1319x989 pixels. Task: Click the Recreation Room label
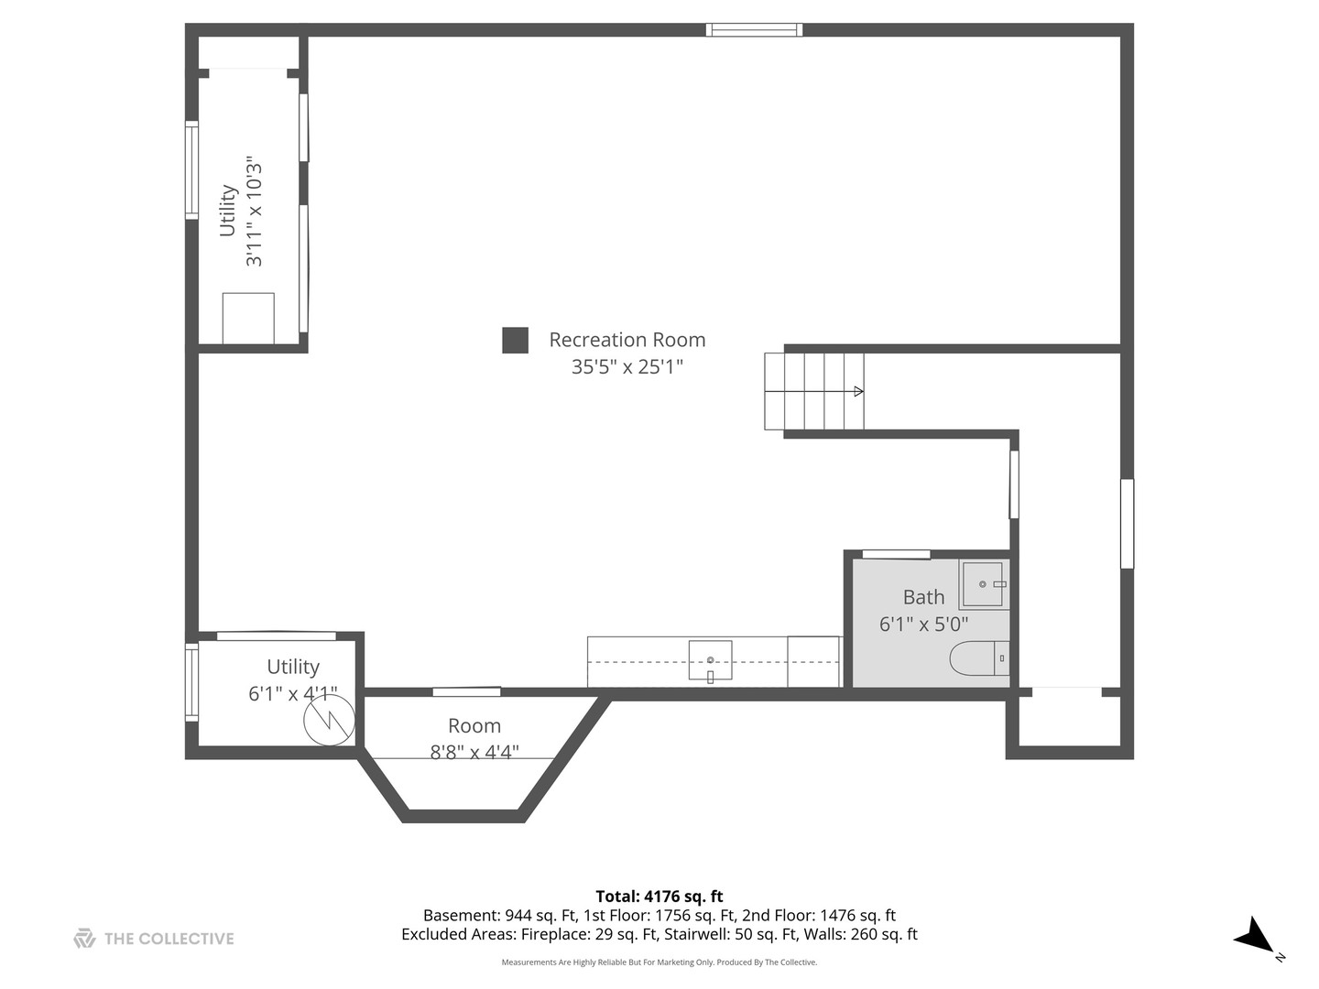627,340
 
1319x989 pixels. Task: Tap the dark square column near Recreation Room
515,340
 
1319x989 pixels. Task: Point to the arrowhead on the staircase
858,392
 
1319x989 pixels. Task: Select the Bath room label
923,597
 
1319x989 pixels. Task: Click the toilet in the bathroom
979,658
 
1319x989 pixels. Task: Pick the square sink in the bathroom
984,584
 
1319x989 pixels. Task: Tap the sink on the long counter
710,660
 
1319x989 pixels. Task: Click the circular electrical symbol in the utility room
330,720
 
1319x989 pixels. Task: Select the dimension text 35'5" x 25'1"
627,366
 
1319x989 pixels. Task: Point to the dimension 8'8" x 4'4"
474,752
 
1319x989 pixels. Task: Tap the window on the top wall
754,29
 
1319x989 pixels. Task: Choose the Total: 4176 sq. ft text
659,897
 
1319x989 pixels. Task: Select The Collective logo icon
84,939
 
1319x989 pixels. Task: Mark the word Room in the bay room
474,726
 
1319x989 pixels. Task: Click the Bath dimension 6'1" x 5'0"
923,625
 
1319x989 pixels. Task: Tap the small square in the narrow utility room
248,319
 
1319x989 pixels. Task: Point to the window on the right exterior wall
1128,524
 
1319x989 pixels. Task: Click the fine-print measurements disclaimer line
659,962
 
